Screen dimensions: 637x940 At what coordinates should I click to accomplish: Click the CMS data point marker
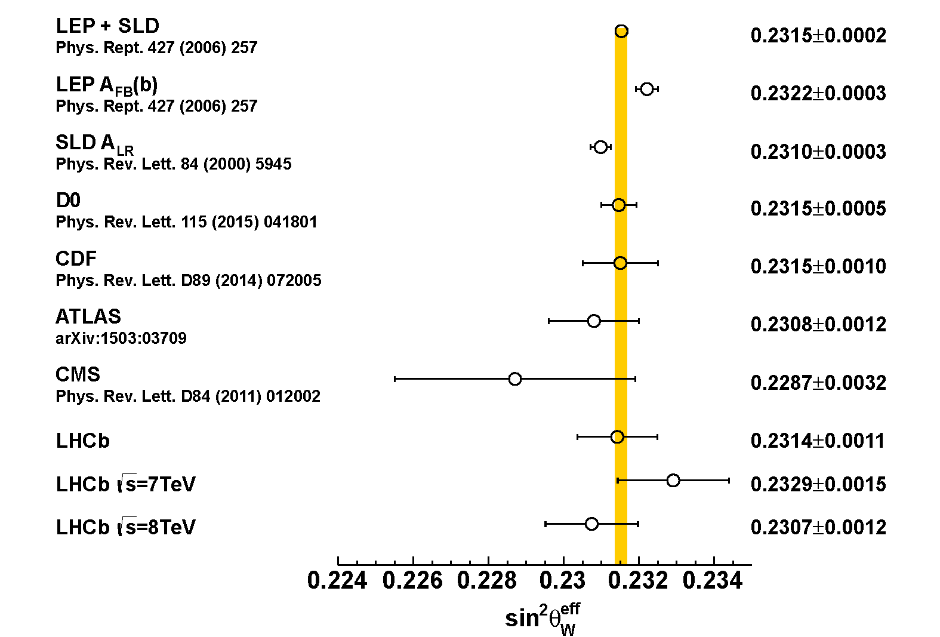[x=514, y=379]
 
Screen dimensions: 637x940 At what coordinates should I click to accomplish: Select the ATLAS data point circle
[x=594, y=321]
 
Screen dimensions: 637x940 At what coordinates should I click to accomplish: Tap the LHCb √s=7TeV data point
[x=673, y=480]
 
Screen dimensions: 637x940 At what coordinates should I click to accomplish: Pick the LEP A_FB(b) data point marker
[x=646, y=90]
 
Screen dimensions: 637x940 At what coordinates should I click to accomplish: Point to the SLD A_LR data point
[x=600, y=147]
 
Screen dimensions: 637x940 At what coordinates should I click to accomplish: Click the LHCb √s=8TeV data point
[x=591, y=524]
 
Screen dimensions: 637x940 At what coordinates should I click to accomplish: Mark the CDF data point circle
[x=620, y=263]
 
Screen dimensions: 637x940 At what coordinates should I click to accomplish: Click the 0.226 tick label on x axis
[x=412, y=581]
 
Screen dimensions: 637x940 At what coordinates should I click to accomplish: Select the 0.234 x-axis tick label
[x=713, y=581]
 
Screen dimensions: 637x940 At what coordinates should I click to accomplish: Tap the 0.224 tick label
[x=337, y=581]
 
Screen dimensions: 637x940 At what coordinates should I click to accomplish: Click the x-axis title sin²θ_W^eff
[x=543, y=618]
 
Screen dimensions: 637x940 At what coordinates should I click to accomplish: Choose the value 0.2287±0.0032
[x=818, y=383]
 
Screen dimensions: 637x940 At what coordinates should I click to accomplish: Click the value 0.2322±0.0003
[x=818, y=93]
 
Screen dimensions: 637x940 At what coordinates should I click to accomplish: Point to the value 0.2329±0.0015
[x=818, y=484]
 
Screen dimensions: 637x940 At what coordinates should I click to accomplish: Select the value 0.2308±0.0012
[x=818, y=324]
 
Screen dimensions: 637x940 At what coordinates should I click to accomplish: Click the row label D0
[x=68, y=201]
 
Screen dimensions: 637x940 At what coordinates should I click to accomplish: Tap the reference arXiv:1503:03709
[x=121, y=338]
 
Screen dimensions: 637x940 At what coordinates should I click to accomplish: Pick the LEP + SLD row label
[x=107, y=26]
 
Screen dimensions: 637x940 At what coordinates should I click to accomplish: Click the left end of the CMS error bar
[x=395, y=379]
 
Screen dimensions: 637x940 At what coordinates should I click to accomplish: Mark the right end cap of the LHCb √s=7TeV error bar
[x=729, y=480]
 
